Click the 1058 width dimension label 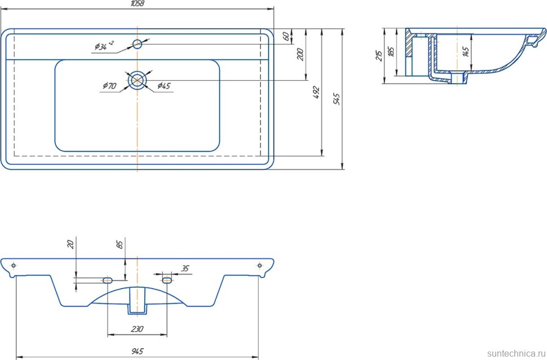pos(138,4)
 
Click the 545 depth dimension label pos(337,99)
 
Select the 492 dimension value pos(316,93)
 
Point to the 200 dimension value pos(301,54)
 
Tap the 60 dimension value pos(286,36)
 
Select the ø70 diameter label pos(109,86)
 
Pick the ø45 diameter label pos(164,86)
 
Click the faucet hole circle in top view pos(138,44)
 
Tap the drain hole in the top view pos(138,80)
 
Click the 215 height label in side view pos(379,55)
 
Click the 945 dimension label pos(138,351)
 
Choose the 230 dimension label pos(137,329)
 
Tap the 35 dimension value pos(185,269)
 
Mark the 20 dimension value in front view pos(70,244)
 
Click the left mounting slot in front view pos(107,279)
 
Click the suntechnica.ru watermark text pos(513,353)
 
